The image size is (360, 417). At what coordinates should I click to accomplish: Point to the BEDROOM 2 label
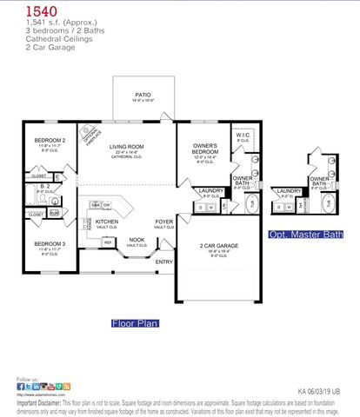coord(50,140)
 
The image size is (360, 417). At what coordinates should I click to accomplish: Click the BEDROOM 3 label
coord(50,243)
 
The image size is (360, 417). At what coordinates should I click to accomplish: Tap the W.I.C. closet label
coord(243,136)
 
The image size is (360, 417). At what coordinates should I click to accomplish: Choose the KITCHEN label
coord(107,222)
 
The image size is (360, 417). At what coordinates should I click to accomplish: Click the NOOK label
coord(137,239)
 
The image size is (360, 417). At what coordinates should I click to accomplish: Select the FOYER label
coord(164,222)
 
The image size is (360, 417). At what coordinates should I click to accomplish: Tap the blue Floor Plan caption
coord(135,322)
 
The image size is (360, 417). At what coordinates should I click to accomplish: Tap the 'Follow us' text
coord(27,379)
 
